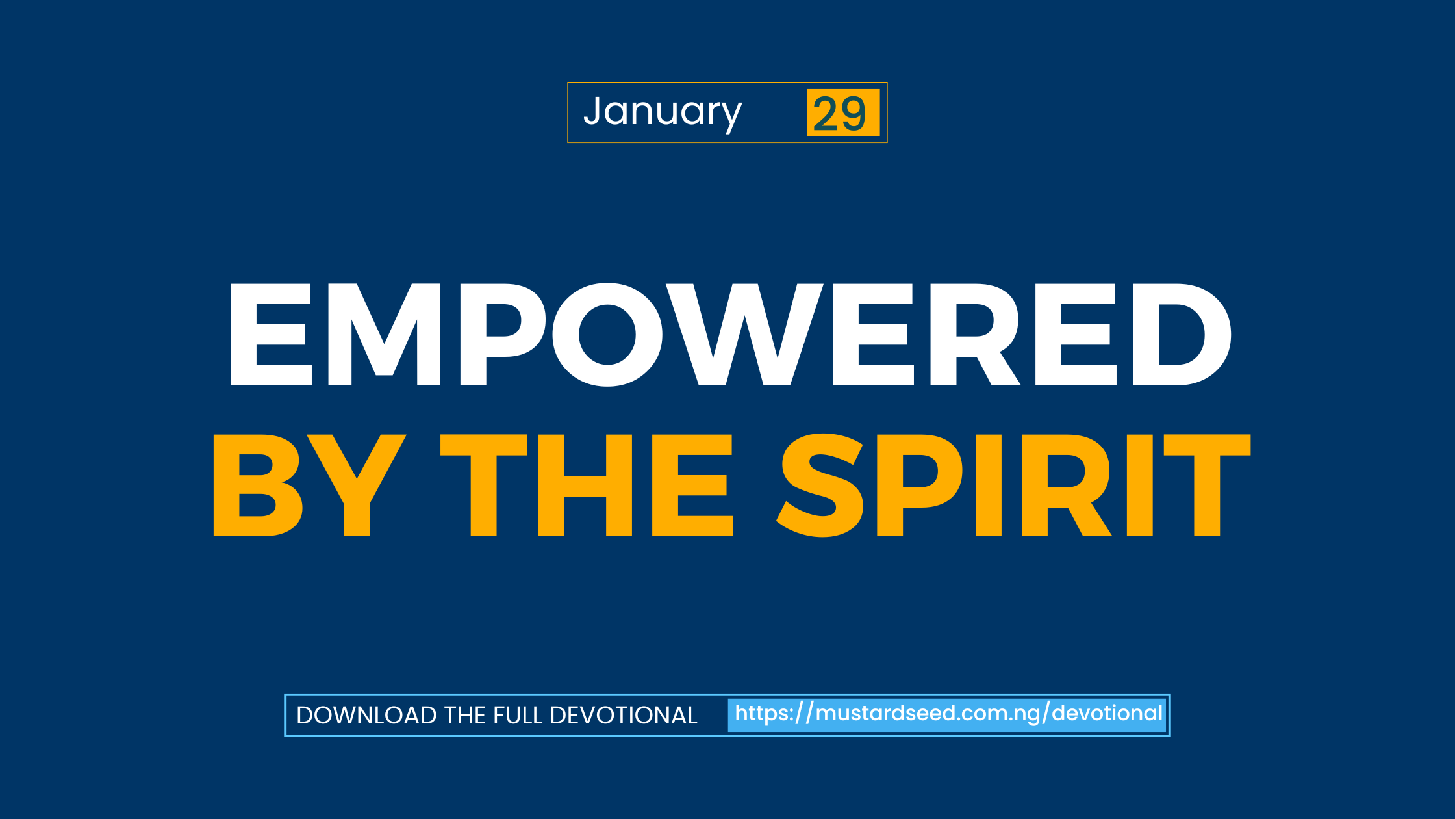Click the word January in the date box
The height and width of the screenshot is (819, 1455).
pos(663,112)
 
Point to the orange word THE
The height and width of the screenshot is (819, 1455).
pos(587,485)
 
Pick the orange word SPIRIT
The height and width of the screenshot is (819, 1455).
pos(1013,485)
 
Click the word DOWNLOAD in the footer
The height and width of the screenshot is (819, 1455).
pos(367,716)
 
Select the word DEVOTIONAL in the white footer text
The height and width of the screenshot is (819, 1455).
pos(624,716)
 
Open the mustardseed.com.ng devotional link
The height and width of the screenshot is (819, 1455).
pos(948,714)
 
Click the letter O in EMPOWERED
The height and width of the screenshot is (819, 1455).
pos(607,335)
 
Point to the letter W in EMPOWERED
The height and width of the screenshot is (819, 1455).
pos(746,335)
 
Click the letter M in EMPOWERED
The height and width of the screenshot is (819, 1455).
pos(385,335)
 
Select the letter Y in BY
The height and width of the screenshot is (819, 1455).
pos(357,485)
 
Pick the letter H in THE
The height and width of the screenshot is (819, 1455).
pos(585,485)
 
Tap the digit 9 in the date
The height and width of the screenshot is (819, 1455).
pos(853,114)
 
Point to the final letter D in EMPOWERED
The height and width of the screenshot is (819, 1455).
pos(1181,335)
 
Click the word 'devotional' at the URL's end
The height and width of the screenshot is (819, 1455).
pos(1107,714)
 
